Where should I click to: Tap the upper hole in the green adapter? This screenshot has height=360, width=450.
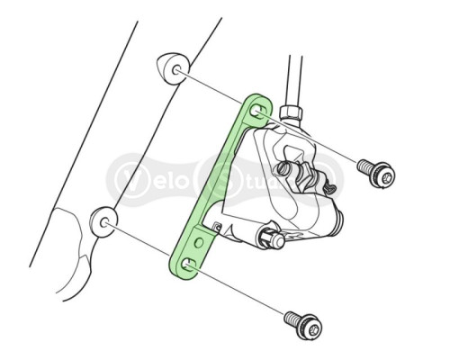pyautogui.click(x=258, y=111)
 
